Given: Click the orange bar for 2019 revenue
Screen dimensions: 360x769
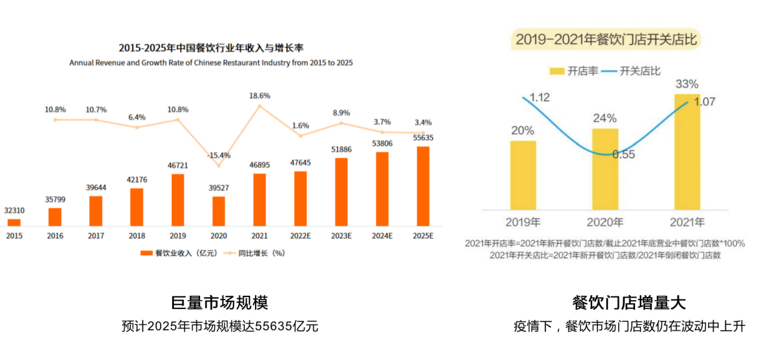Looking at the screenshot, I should tap(178, 199).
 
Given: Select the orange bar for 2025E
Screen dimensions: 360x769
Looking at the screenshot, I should tap(423, 185).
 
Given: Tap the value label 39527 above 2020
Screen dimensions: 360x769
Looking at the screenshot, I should tap(218, 188).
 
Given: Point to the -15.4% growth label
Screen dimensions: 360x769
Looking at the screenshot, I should tap(218, 155).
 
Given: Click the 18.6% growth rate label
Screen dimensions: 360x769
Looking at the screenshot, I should tap(259, 96).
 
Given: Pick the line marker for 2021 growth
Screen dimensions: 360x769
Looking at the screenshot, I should tap(259, 106).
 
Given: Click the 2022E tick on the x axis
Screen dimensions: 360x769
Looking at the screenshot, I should tap(300, 236).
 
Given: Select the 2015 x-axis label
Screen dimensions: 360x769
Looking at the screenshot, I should tap(14, 236).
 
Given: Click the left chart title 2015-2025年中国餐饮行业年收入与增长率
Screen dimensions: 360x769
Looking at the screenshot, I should tap(211, 48).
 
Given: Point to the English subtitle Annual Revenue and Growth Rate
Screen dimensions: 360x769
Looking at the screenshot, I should tap(211, 62).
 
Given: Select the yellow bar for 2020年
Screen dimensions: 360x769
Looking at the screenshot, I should tap(605, 168).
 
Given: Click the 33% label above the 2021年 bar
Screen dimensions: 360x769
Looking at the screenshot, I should tap(687, 84).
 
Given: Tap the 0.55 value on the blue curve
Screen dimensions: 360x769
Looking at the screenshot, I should tap(623, 155).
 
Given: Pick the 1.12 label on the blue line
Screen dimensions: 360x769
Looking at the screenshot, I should tap(539, 98).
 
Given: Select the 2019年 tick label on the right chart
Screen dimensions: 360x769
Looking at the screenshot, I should tap(523, 222).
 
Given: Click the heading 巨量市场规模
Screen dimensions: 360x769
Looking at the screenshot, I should tap(219, 302).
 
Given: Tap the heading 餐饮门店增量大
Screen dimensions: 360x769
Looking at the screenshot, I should tap(628, 302).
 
